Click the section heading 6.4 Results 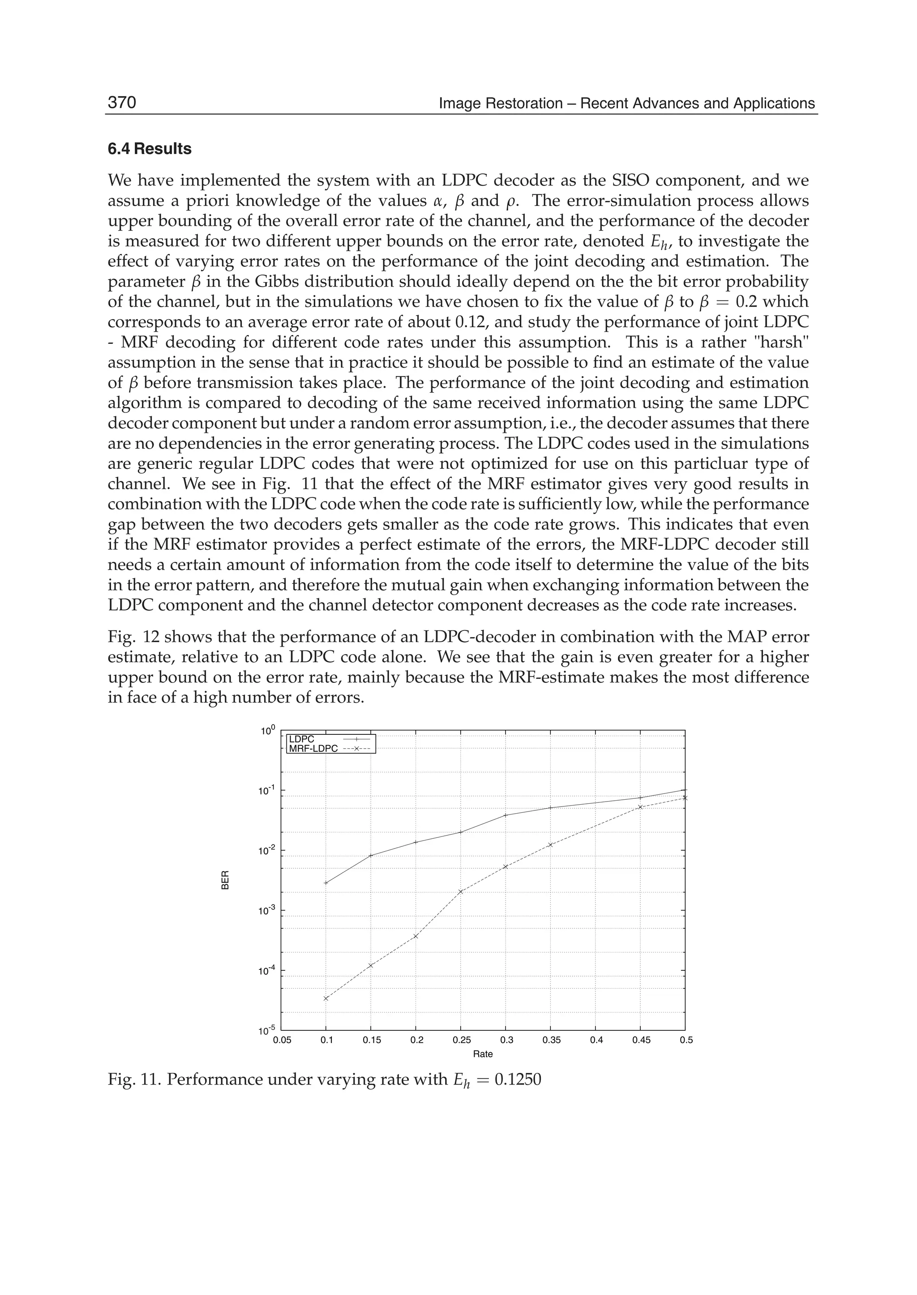click(150, 149)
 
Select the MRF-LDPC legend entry click(313, 749)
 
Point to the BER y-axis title click(225, 882)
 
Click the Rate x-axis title click(483, 1054)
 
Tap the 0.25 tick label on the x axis click(461, 1040)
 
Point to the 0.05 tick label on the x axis click(282, 1040)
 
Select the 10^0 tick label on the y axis click(268, 731)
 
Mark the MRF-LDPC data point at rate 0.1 click(326, 999)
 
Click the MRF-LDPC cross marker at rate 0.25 click(461, 892)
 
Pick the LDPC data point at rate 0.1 click(326, 883)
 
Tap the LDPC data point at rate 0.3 click(506, 815)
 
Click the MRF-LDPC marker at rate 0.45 click(640, 807)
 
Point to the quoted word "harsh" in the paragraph click(783, 342)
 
